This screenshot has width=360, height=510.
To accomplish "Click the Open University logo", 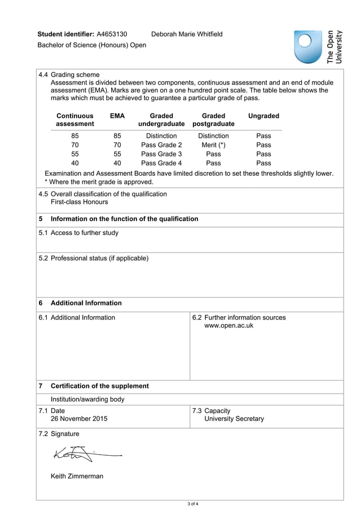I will pos(318,46).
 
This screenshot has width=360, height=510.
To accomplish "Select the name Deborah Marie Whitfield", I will pos(187,34).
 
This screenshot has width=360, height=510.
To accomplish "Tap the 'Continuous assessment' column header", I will pos(75,120).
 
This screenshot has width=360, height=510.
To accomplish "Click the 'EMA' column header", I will pos(117,116).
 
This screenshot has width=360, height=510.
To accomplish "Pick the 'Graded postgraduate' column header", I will pos(213,120).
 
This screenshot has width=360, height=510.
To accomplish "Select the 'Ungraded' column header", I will pos(264,116).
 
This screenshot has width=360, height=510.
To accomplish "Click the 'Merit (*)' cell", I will pos(213,145).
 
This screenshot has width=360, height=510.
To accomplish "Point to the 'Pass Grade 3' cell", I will pos(161,154).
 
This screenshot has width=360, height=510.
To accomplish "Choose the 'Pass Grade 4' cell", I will pos(161,163).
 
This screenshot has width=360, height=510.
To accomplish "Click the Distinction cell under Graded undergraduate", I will pos(161,136).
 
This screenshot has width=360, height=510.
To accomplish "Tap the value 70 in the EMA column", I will pos(117,145).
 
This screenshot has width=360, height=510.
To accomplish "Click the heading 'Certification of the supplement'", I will pos(100,386).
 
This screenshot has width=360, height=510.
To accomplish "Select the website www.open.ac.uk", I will pos(229,326).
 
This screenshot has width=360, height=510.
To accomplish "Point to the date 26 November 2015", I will pos(79,419).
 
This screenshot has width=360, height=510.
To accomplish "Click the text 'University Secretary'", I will pos(234,419).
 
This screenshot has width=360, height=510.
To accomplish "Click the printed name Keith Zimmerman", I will pos(77,476).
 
